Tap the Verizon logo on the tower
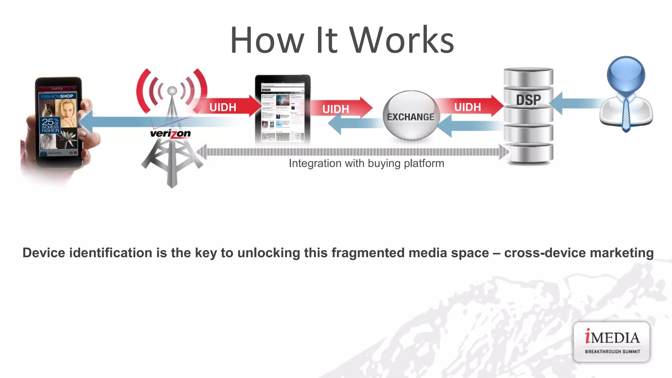[x=170, y=134]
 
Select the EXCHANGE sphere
[x=410, y=115]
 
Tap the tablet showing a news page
[x=283, y=109]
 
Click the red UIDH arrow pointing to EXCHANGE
[x=341, y=108]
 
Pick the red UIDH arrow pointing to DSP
[x=472, y=106]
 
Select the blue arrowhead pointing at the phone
[x=87, y=122]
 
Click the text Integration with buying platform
[x=366, y=163]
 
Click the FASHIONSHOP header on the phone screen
[x=57, y=96]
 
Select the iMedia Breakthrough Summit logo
[x=612, y=342]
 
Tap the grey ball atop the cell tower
[x=172, y=90]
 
